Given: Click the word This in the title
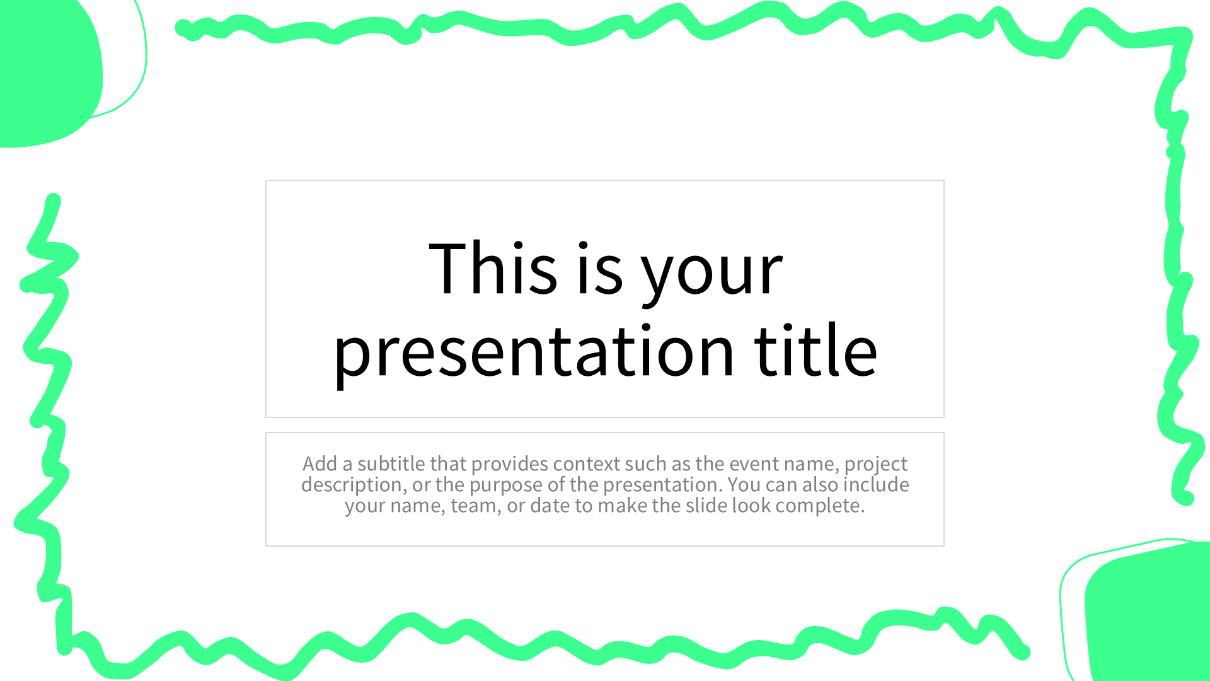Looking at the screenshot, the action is click(493, 268).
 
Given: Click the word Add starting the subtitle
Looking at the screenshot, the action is click(320, 463).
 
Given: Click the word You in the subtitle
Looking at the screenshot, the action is click(744, 484).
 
